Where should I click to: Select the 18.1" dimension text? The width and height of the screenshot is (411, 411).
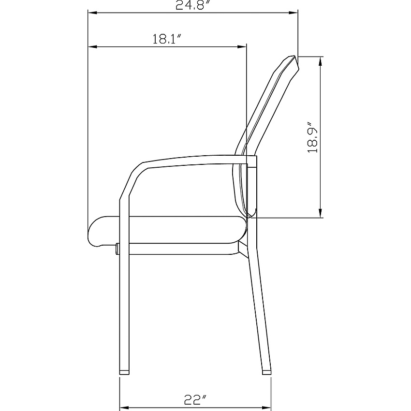(167, 39)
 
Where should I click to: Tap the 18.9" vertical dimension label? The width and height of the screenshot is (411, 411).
(312, 137)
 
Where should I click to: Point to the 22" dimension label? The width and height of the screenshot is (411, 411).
(195, 399)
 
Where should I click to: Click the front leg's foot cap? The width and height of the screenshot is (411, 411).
(124, 372)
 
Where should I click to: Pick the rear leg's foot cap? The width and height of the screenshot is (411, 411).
(267, 372)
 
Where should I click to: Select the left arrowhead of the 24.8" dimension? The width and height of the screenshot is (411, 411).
(92, 12)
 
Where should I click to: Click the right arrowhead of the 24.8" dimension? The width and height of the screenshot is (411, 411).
(293, 12)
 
